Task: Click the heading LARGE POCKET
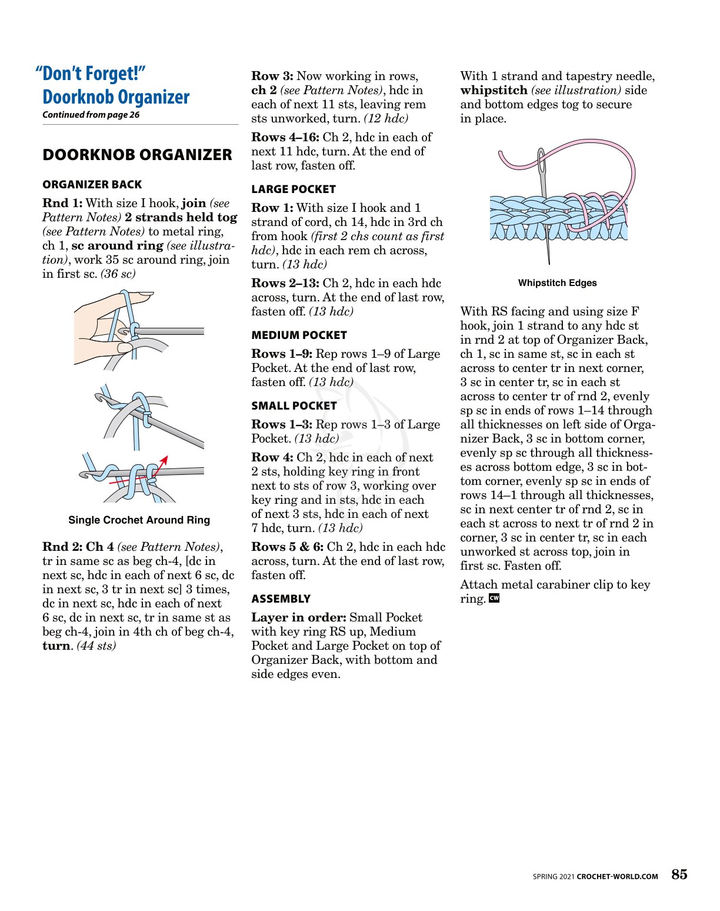pyautogui.click(x=294, y=189)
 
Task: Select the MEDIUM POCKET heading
pyautogui.click(x=299, y=335)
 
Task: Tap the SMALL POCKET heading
pyautogui.click(x=294, y=405)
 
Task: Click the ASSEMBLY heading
pyautogui.click(x=281, y=599)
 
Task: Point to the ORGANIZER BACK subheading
pyautogui.click(x=92, y=184)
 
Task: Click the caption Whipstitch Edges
pyautogui.click(x=557, y=283)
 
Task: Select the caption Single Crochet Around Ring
pyautogui.click(x=139, y=520)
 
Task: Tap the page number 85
pyautogui.click(x=679, y=875)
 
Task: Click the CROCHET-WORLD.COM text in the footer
pyautogui.click(x=617, y=876)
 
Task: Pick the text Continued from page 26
pyautogui.click(x=91, y=115)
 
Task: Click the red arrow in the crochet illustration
pyautogui.click(x=161, y=463)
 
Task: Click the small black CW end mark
pyautogui.click(x=494, y=599)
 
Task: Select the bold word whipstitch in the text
pyautogui.click(x=494, y=90)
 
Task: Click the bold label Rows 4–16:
pyautogui.click(x=285, y=137)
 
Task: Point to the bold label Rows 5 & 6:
pyautogui.click(x=287, y=547)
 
